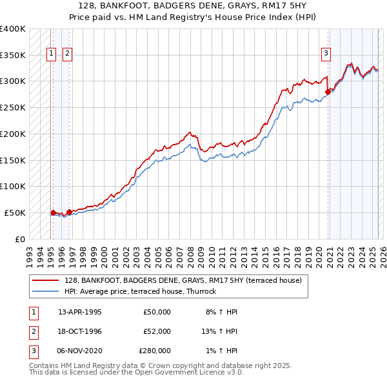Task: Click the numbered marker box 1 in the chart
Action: click(51, 54)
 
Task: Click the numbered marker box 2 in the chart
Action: click(67, 54)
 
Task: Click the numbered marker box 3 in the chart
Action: click(326, 54)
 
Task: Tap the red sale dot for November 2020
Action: click(328, 92)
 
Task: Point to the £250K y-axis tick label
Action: click(13, 107)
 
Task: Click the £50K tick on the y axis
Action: click(15, 212)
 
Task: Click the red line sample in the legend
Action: click(45, 281)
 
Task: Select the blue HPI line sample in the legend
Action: click(45, 291)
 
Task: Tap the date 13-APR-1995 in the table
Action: click(80, 312)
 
